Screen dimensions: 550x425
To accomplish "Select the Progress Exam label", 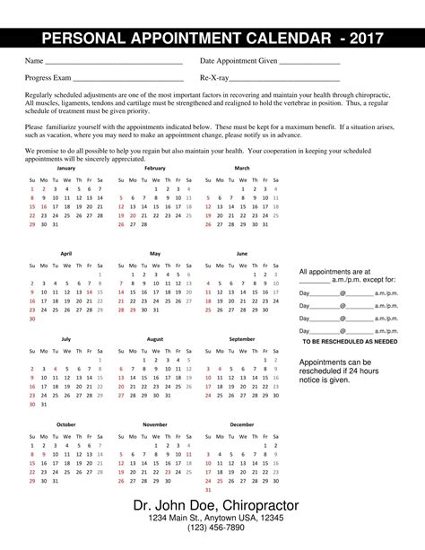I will coord(48,79).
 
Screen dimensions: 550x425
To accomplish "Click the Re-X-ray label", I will coord(213,79).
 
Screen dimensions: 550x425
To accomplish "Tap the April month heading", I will coord(66,254).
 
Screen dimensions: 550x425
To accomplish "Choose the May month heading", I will coord(154,254).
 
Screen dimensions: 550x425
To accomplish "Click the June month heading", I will coord(242,254).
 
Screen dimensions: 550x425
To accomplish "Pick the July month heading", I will coord(66,339).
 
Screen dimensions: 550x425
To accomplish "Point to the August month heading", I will coord(154,339).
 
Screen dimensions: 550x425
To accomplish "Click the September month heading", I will coord(242,339).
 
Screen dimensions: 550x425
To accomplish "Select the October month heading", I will coord(66,423).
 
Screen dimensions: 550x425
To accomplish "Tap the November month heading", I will coord(154,423).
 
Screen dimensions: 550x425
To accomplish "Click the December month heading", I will coord(242,423).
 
